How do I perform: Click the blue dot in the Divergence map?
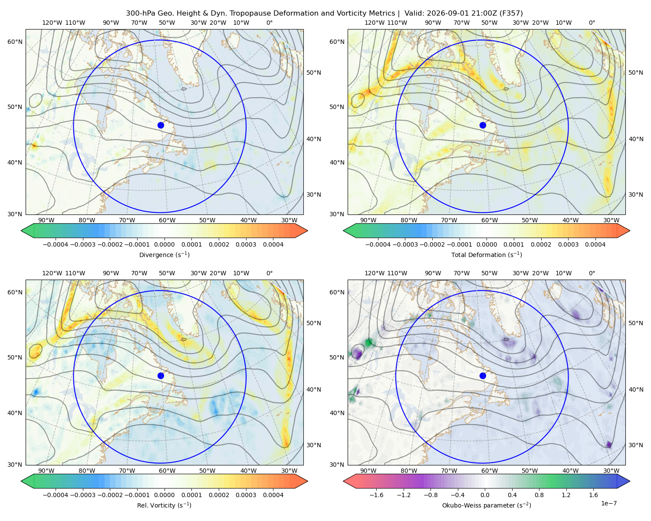(161, 125)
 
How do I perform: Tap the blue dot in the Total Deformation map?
(483, 125)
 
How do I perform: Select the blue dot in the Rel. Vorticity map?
(161, 376)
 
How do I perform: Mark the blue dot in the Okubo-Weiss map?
(483, 376)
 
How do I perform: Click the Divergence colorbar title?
(164, 255)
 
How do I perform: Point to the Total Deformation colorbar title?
(487, 255)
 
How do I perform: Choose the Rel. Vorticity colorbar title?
(164, 505)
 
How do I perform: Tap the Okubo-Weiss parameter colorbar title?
(487, 505)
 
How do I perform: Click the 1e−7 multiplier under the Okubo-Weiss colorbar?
(608, 504)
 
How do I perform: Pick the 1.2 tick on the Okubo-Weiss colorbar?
(566, 495)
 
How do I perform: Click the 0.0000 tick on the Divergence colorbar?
(164, 244)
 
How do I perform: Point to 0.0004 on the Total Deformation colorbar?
(595, 244)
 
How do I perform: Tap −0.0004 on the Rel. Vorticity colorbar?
(56, 495)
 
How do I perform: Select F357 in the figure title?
(511, 13)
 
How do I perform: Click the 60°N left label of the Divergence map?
(15, 42)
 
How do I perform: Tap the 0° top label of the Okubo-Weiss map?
(592, 273)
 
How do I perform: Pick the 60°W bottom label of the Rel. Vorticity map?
(167, 471)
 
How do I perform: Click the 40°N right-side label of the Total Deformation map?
(636, 139)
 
